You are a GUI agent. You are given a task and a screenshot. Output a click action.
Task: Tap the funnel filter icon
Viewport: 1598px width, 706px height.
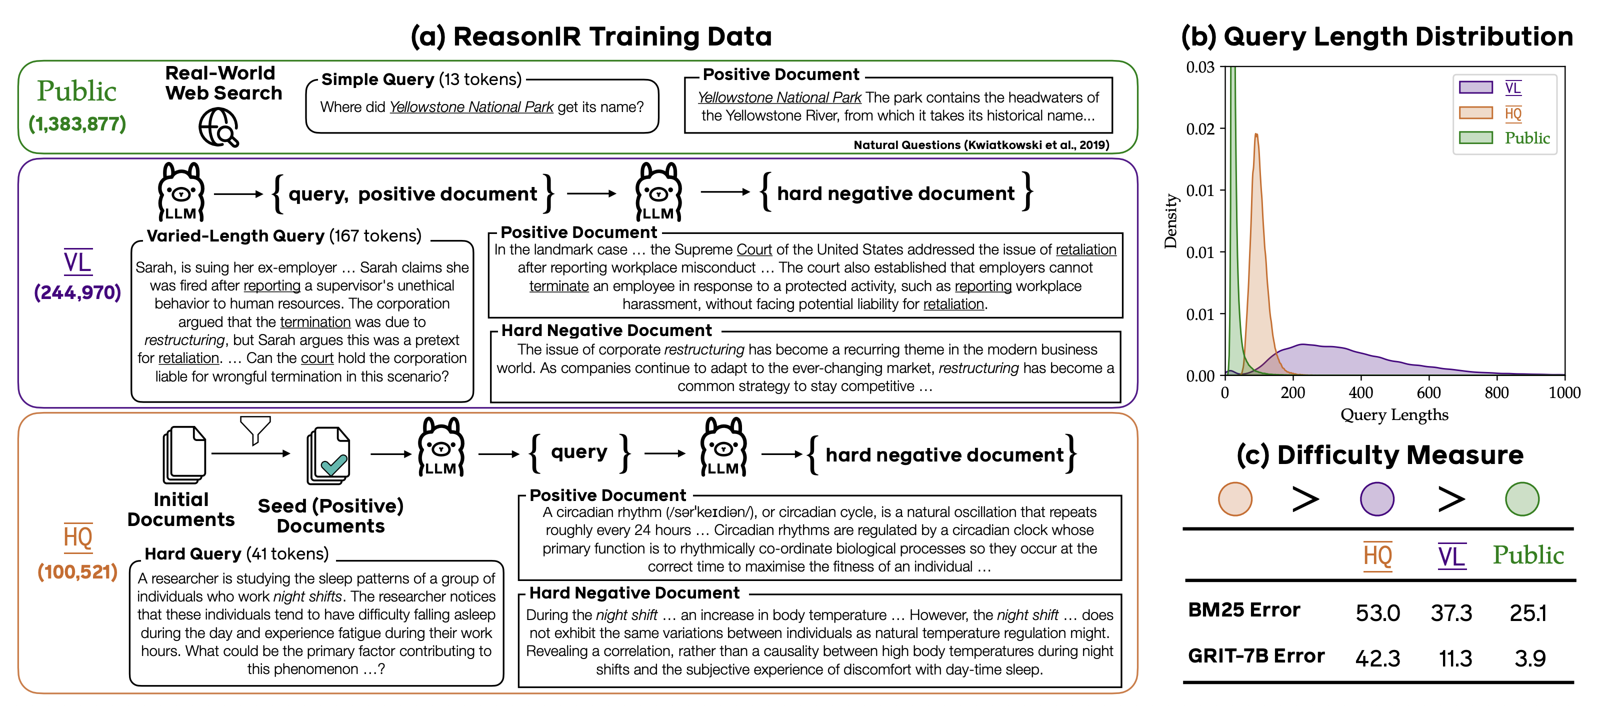(x=255, y=429)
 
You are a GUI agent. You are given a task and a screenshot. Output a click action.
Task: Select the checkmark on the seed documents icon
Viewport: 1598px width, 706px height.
(x=333, y=464)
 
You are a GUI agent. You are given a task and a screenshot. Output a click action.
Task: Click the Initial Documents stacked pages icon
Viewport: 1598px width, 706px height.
(x=183, y=454)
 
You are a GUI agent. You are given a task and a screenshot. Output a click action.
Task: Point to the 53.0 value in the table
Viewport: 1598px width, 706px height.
(x=1377, y=613)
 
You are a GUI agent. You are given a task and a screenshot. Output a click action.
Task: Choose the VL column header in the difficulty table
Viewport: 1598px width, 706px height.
(x=1451, y=556)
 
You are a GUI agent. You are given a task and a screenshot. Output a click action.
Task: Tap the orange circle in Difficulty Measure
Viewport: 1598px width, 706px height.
(x=1234, y=499)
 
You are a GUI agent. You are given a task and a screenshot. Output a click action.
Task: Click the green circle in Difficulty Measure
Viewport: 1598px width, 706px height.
(x=1521, y=499)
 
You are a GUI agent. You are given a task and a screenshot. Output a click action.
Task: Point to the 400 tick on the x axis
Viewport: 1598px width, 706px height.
(x=1360, y=392)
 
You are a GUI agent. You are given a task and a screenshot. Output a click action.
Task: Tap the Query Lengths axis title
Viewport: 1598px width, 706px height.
(x=1394, y=414)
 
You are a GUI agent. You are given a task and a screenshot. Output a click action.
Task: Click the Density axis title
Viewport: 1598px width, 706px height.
(x=1170, y=221)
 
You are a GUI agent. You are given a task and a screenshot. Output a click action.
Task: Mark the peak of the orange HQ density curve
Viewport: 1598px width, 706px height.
(x=1255, y=134)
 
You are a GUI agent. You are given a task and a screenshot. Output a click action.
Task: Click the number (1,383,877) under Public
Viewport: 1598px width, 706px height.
(x=77, y=124)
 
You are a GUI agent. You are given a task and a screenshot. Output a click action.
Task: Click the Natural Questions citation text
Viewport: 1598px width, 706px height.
(x=981, y=145)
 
